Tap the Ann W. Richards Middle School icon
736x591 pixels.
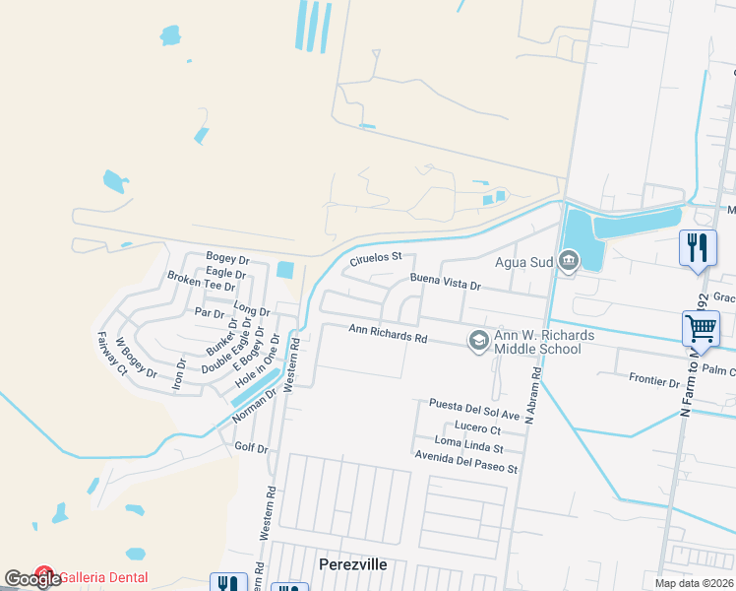[478, 341]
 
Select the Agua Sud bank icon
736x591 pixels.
[569, 261]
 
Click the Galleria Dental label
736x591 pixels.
[103, 577]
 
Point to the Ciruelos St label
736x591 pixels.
[377, 260]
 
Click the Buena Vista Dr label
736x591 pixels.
[445, 285]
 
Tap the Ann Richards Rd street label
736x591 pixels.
[388, 335]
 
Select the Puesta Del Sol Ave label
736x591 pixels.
[473, 404]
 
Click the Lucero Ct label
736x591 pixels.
[477, 429]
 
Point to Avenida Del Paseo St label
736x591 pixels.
[465, 469]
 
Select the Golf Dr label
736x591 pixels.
[252, 449]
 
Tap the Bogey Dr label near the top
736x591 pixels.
[227, 258]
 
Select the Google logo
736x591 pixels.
[32, 579]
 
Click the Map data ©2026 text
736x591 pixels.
[693, 583]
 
